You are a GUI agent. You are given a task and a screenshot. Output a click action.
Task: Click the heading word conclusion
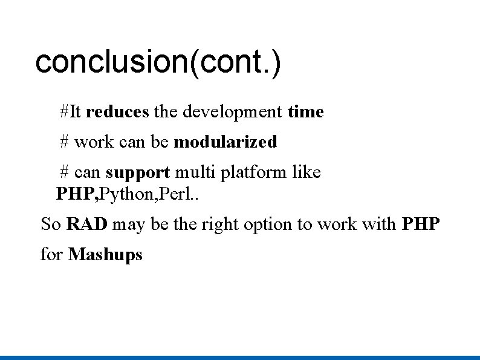pyautogui.click(x=112, y=62)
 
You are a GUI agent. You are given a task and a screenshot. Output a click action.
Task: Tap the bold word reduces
pyautogui.click(x=117, y=112)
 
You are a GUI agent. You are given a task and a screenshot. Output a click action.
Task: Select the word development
pyautogui.click(x=232, y=112)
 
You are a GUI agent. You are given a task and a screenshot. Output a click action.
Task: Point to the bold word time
pyautogui.click(x=306, y=112)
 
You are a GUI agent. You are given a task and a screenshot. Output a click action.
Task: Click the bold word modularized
pyautogui.click(x=225, y=142)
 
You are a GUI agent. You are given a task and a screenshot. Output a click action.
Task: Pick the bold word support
pyautogui.click(x=138, y=172)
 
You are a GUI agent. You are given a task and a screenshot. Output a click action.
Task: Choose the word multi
pyautogui.click(x=195, y=172)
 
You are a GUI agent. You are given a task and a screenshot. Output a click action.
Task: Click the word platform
pyautogui.click(x=254, y=173)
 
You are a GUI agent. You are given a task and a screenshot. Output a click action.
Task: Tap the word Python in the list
pyautogui.click(x=118, y=195)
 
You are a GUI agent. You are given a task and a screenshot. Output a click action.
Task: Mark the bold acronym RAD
pyautogui.click(x=87, y=224)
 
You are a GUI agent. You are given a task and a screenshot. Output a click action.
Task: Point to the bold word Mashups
pyautogui.click(x=106, y=254)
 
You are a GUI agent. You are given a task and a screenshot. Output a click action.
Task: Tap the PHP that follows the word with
pyautogui.click(x=421, y=224)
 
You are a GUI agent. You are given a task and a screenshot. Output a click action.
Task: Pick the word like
pyautogui.click(x=306, y=172)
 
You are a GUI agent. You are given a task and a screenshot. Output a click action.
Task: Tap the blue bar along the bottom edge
pyautogui.click(x=240, y=357)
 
